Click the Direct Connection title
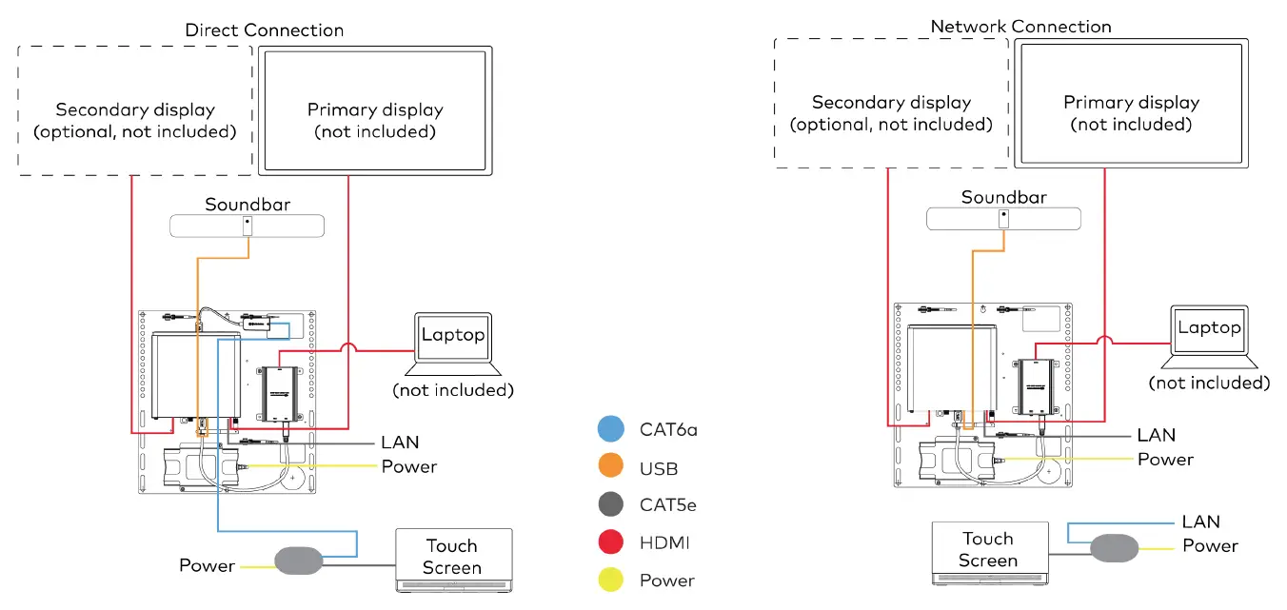point(264,30)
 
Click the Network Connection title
point(1020,26)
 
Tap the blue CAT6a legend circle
point(611,429)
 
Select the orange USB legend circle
point(611,467)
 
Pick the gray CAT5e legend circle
point(611,505)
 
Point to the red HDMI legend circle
point(611,542)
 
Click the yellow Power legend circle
point(611,580)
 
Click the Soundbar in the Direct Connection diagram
point(247,226)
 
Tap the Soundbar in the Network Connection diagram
point(1003,218)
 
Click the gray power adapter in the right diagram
point(1114,548)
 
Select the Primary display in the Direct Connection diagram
point(375,110)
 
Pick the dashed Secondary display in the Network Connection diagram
point(891,104)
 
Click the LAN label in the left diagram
point(400,442)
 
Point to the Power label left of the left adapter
point(207,566)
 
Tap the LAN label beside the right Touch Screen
point(1200,521)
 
